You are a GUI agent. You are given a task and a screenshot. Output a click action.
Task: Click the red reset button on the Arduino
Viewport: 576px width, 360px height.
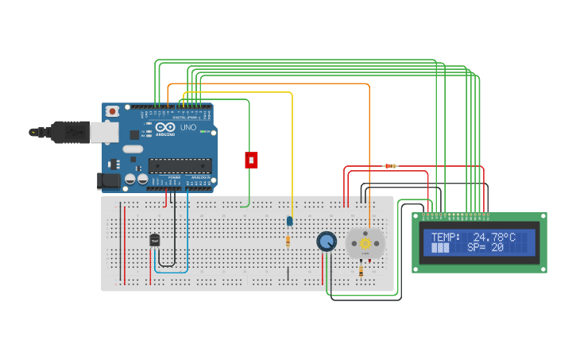(x=113, y=111)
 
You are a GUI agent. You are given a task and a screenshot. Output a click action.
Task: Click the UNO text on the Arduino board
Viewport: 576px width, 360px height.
(x=188, y=127)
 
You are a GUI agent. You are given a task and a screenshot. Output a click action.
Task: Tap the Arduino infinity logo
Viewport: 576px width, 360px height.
(x=166, y=127)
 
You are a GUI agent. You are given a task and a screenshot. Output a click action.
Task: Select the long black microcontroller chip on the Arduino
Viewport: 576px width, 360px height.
(x=180, y=166)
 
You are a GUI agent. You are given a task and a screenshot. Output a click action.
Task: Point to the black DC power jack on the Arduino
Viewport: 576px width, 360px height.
(x=108, y=181)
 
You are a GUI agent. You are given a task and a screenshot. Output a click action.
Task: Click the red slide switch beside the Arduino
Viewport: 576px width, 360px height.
(x=251, y=160)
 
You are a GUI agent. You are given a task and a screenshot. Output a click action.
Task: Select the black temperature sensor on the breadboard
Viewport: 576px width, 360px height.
(x=154, y=238)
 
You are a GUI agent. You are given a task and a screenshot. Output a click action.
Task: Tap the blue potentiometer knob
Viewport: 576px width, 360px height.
(x=326, y=241)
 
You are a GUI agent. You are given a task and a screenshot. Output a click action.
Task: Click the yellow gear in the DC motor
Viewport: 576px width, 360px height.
(x=365, y=243)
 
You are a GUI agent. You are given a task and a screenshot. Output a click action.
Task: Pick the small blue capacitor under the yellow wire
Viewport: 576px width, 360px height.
(x=289, y=221)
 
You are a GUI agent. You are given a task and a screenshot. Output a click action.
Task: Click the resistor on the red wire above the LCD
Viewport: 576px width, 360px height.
(x=390, y=166)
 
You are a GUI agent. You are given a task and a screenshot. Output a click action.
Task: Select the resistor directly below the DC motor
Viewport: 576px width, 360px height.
(x=361, y=270)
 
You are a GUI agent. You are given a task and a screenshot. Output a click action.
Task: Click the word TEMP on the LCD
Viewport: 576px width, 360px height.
(x=445, y=237)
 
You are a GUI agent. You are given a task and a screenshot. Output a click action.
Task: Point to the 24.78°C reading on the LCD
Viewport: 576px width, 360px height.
(x=493, y=237)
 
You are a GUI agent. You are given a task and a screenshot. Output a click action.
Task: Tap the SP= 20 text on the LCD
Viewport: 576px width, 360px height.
(x=485, y=248)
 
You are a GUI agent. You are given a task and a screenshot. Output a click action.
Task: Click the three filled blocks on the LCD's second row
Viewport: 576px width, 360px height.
(x=440, y=248)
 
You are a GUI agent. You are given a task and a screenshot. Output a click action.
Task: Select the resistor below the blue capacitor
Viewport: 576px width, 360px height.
(x=288, y=241)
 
